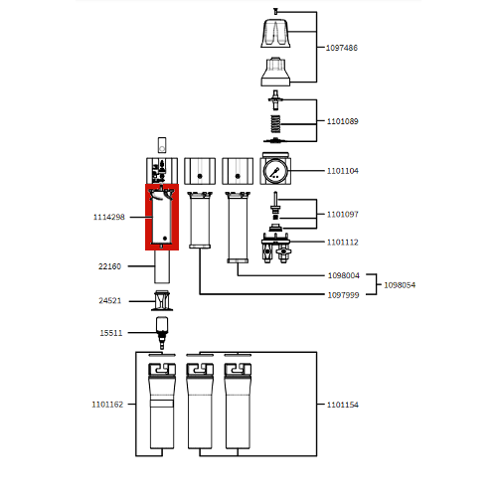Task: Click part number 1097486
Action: coord(343,48)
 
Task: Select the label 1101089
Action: coord(343,121)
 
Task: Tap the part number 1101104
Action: coord(343,171)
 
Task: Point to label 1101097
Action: coord(343,214)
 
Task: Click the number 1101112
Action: coord(343,242)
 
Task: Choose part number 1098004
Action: coord(343,275)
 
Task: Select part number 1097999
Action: coord(343,294)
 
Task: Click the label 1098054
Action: coord(400,285)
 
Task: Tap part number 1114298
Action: coord(109,217)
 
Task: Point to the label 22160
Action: coord(109,266)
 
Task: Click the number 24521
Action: coord(109,301)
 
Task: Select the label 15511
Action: coord(109,333)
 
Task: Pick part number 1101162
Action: coord(107,405)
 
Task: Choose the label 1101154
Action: coord(343,405)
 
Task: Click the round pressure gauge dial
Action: coord(274,170)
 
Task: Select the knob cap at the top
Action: coord(274,36)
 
